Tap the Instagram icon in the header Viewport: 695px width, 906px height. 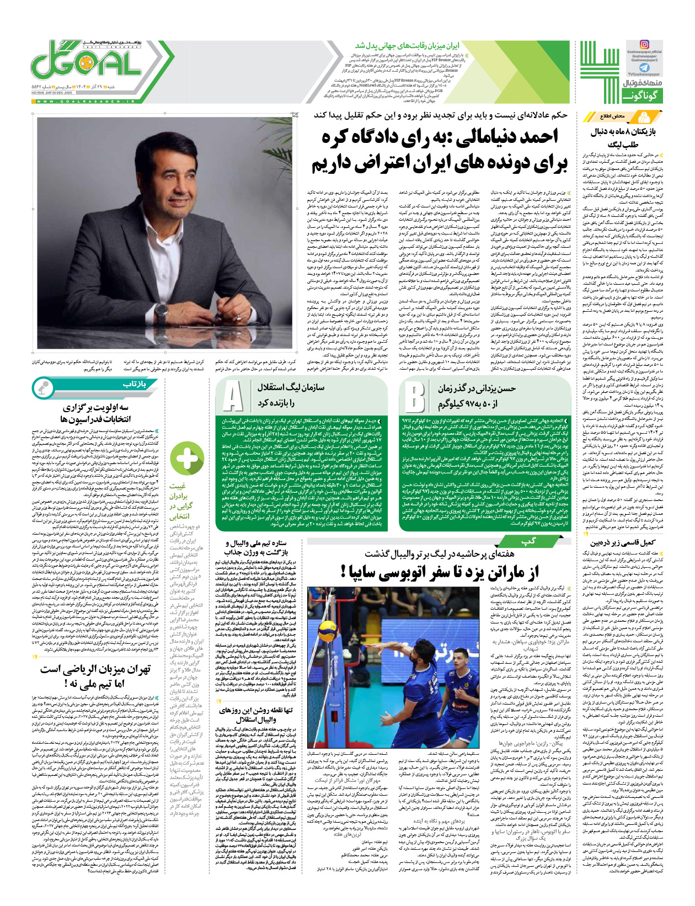[x=644, y=44]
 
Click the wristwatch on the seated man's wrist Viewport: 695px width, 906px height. [x=162, y=313]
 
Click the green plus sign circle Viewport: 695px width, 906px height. [x=187, y=459]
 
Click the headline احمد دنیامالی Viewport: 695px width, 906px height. [x=440, y=150]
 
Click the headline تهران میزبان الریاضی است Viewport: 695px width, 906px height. [x=95, y=676]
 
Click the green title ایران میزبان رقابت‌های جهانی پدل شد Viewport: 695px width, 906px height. [x=407, y=45]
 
